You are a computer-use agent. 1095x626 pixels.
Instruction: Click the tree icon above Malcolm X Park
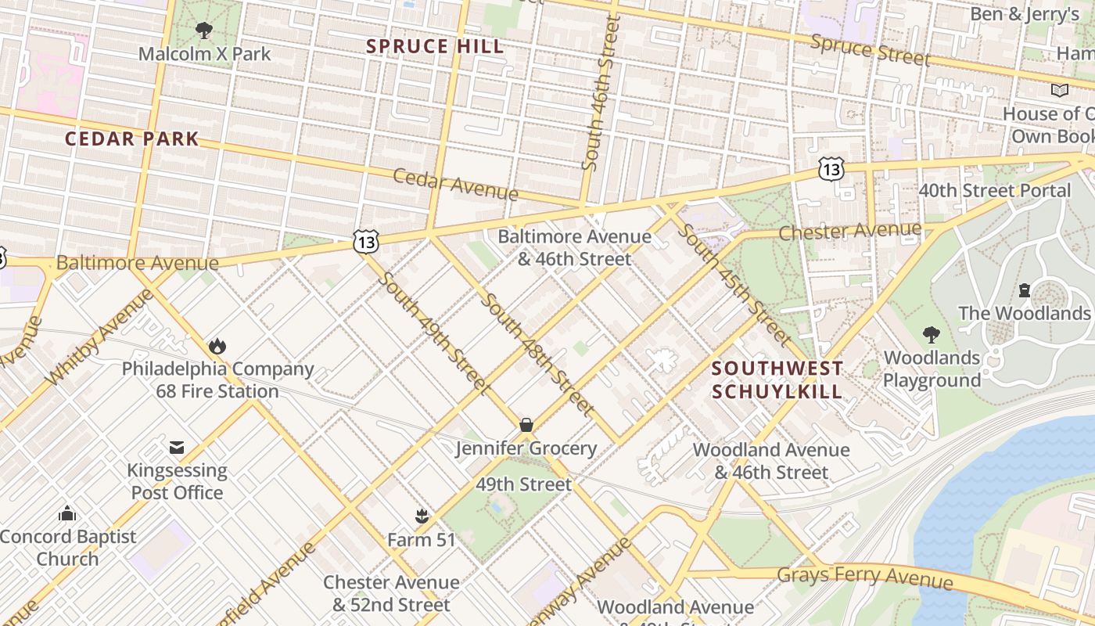click(204, 31)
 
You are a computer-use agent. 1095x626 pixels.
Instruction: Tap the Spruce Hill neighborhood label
click(435, 47)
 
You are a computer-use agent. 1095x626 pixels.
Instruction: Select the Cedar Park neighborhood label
click(131, 139)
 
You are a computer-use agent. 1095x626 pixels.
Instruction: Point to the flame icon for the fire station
click(217, 346)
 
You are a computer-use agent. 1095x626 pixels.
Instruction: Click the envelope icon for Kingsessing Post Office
click(177, 448)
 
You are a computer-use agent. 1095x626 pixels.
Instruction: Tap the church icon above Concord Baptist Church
click(67, 514)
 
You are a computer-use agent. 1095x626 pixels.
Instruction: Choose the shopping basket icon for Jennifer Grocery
click(526, 425)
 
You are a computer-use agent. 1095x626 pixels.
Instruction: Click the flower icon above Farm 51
click(422, 516)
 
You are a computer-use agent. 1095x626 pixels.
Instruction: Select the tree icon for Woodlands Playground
click(931, 335)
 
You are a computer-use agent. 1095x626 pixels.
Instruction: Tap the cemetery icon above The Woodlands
click(1024, 290)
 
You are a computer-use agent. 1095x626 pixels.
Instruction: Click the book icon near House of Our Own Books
click(1060, 91)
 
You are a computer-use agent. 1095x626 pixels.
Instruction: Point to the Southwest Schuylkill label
click(777, 380)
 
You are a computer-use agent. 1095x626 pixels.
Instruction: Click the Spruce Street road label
click(870, 50)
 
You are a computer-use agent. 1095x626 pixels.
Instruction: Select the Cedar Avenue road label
click(455, 185)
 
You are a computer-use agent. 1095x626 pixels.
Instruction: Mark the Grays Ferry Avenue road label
click(865, 577)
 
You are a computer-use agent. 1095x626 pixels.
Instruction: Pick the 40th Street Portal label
click(994, 191)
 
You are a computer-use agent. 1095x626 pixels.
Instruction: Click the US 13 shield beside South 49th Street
click(365, 242)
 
